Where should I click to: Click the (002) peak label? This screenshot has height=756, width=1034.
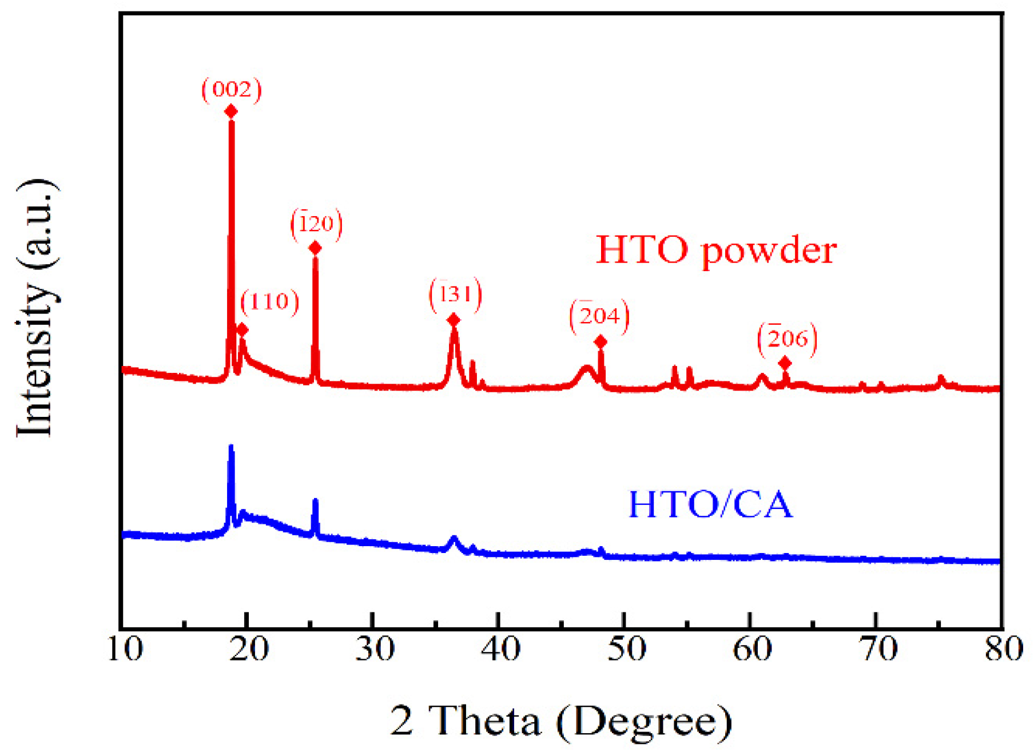(x=232, y=89)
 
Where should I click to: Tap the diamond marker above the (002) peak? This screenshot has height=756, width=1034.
(x=231, y=111)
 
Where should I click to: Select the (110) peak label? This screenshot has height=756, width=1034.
(x=269, y=301)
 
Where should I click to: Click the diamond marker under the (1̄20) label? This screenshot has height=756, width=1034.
(x=315, y=248)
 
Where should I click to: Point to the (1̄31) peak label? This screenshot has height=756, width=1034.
(x=455, y=295)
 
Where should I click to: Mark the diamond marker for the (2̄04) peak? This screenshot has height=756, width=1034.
(x=600, y=342)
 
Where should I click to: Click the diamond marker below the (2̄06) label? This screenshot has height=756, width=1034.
(x=785, y=363)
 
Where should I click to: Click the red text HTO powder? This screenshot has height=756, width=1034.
(x=716, y=250)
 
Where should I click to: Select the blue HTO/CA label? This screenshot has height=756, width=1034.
(x=710, y=504)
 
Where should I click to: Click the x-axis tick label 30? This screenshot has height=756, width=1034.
(x=375, y=650)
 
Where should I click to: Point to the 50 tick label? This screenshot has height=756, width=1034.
(x=626, y=650)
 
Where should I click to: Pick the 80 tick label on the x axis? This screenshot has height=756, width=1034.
(x=1004, y=650)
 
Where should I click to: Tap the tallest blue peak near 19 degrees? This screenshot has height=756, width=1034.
(x=231, y=448)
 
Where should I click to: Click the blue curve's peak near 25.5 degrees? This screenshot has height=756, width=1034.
(x=315, y=501)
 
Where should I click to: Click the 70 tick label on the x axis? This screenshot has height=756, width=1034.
(x=878, y=650)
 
